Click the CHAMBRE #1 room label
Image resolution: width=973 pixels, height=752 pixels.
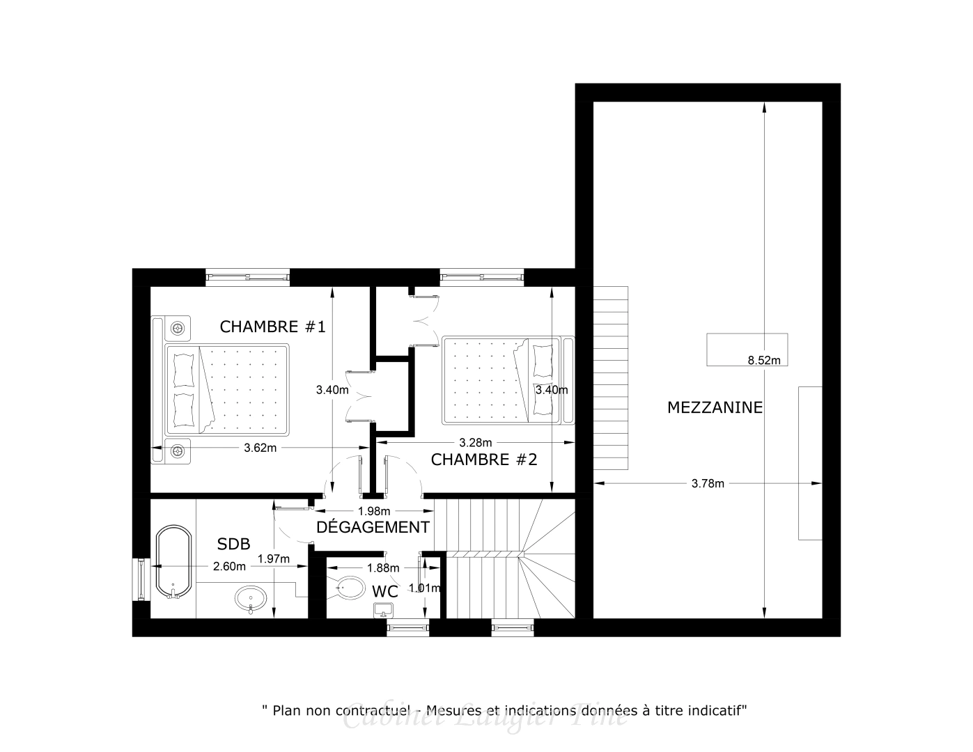click(x=272, y=327)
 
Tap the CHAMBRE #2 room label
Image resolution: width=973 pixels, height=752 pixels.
click(x=483, y=460)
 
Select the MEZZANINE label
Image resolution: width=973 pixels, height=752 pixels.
click(x=715, y=407)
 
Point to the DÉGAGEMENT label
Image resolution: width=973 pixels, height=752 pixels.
click(x=373, y=527)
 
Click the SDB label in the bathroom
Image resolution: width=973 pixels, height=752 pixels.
click(x=233, y=544)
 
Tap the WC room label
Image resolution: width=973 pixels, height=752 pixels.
click(x=384, y=592)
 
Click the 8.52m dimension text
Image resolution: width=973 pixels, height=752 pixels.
click(x=763, y=360)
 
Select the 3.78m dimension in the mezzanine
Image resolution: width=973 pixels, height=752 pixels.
click(x=708, y=483)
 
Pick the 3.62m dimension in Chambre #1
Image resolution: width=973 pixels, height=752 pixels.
click(x=260, y=448)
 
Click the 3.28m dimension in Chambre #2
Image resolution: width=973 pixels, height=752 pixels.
click(x=475, y=442)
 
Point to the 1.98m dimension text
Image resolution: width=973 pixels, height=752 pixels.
click(x=373, y=510)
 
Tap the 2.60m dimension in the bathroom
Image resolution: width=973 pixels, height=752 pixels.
click(x=229, y=566)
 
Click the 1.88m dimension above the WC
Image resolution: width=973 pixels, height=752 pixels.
click(x=383, y=567)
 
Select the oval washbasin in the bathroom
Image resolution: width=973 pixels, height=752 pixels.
click(x=251, y=598)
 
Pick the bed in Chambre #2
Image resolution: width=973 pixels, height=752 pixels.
click(x=501, y=380)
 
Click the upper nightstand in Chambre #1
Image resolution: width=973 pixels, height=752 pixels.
click(x=179, y=327)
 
